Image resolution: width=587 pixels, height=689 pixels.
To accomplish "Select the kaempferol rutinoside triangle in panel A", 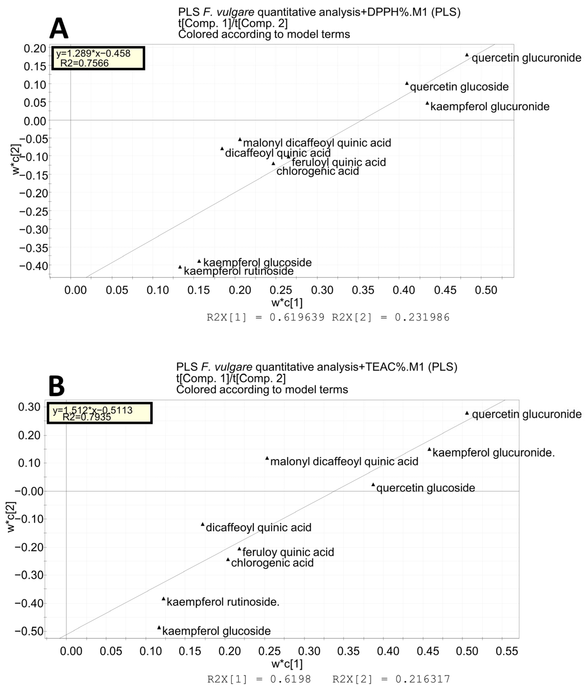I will click(x=180, y=267).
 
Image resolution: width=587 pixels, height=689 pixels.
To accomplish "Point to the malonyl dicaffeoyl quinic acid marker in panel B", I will click(x=267, y=458).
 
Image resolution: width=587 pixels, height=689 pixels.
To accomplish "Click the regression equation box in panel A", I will click(x=98, y=58).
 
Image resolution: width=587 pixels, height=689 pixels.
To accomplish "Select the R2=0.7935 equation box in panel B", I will click(x=100, y=413).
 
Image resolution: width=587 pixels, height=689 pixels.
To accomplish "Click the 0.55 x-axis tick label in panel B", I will click(x=507, y=651).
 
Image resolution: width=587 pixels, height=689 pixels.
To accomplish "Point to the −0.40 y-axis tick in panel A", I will click(x=34, y=266).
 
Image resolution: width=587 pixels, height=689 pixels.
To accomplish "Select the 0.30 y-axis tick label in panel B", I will click(x=29, y=407).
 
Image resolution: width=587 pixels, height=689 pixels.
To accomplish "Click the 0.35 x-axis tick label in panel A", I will click(x=363, y=290).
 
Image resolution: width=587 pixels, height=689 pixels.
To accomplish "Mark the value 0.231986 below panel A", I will click(x=422, y=317).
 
